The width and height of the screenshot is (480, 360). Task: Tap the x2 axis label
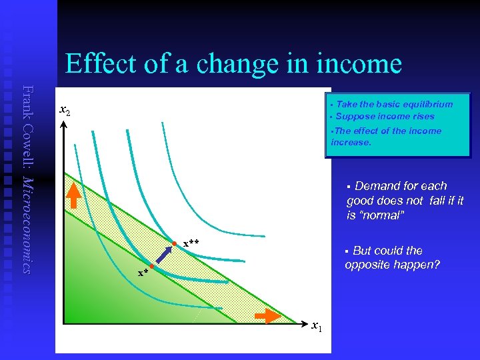[x=65, y=110]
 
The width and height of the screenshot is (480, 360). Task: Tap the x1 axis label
[x=317, y=325]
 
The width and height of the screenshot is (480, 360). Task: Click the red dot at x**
[x=175, y=243]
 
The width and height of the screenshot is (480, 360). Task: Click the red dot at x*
[x=152, y=267]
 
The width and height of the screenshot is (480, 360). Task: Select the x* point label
[x=142, y=272]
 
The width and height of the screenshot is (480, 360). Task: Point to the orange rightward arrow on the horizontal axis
[x=267, y=315]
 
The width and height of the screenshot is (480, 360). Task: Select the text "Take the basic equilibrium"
[x=394, y=104]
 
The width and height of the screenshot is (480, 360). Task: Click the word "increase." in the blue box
[x=351, y=142]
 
